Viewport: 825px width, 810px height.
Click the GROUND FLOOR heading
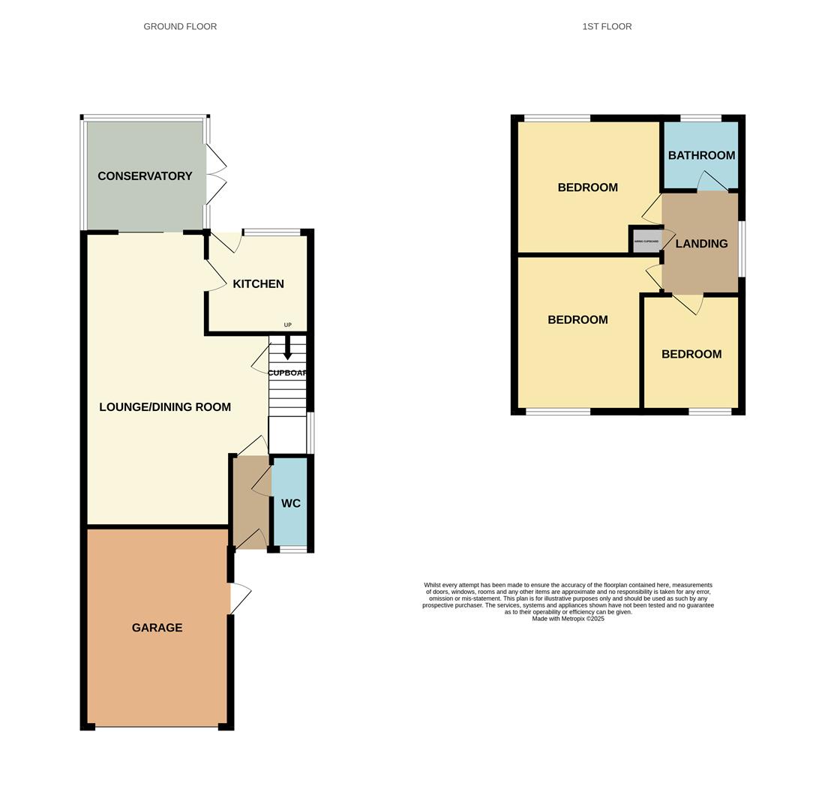point(180,26)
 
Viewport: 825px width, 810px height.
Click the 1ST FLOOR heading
point(607,26)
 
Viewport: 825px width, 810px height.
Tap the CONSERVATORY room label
point(145,176)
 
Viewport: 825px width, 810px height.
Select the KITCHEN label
point(258,284)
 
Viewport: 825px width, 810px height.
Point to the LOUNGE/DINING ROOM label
point(165,407)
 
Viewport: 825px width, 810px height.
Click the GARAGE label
point(157,628)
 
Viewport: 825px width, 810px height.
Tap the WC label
point(291,503)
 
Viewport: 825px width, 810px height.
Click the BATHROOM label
point(701,155)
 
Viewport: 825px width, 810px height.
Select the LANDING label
point(701,244)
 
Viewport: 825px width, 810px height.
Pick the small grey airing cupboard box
point(646,241)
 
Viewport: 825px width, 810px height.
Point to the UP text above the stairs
point(287,325)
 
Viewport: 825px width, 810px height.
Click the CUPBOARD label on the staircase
point(287,373)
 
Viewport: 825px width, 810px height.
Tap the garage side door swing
point(240,598)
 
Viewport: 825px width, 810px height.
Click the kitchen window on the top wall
point(271,232)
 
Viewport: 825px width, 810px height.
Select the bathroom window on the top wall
point(700,118)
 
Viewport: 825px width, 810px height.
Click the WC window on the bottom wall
point(293,550)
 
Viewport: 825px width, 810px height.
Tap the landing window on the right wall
point(742,248)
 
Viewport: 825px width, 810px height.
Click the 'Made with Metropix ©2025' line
point(568,619)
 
